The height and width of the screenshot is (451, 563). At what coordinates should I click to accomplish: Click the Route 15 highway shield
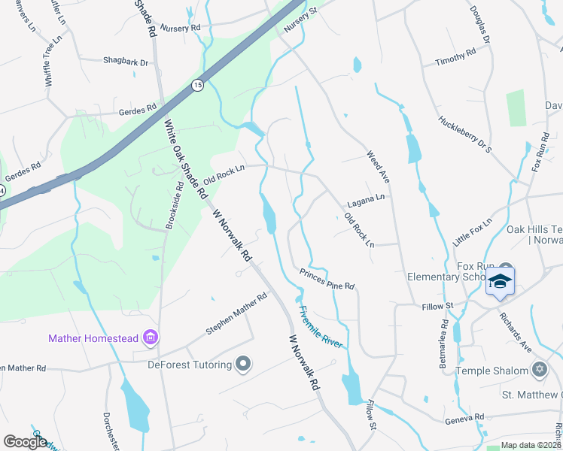click(x=197, y=85)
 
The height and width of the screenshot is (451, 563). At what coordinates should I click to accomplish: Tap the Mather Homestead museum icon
click(x=151, y=337)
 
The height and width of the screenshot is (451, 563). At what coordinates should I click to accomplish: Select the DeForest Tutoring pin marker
click(x=242, y=365)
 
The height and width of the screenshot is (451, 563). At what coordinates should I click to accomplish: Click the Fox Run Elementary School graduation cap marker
click(x=500, y=282)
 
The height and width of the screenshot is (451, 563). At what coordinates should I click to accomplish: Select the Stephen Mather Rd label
click(x=236, y=315)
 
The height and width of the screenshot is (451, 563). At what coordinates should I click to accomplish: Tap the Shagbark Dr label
click(x=125, y=62)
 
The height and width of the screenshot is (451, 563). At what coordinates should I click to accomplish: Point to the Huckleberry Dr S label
click(x=464, y=134)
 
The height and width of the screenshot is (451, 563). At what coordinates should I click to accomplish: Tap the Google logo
click(x=25, y=442)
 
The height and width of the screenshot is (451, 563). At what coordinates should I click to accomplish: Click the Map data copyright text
click(x=531, y=445)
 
